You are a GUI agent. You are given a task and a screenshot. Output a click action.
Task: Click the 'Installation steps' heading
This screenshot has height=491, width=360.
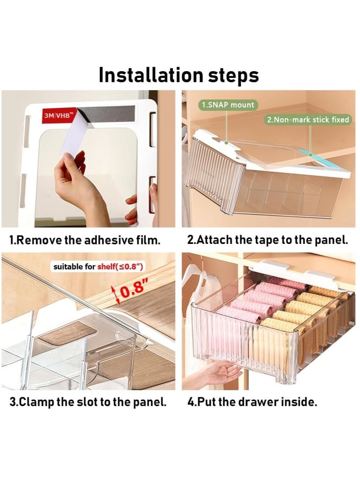(x=179, y=75)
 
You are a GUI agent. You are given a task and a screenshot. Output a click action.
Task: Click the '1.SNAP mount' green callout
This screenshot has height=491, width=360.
(x=228, y=104)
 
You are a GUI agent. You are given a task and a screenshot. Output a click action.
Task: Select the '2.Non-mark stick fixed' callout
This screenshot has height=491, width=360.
(x=308, y=120)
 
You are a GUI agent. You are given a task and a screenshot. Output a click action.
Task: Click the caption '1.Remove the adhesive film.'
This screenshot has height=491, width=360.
(x=85, y=240)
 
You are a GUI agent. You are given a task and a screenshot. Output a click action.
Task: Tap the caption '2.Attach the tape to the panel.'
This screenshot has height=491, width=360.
(x=268, y=240)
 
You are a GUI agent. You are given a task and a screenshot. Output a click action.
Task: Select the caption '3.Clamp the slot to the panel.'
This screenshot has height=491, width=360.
(x=88, y=402)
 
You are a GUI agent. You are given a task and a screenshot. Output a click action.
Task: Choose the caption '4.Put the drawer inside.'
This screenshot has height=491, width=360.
(x=252, y=401)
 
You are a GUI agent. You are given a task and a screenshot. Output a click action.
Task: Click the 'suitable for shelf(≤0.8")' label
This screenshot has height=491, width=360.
(x=98, y=267)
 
